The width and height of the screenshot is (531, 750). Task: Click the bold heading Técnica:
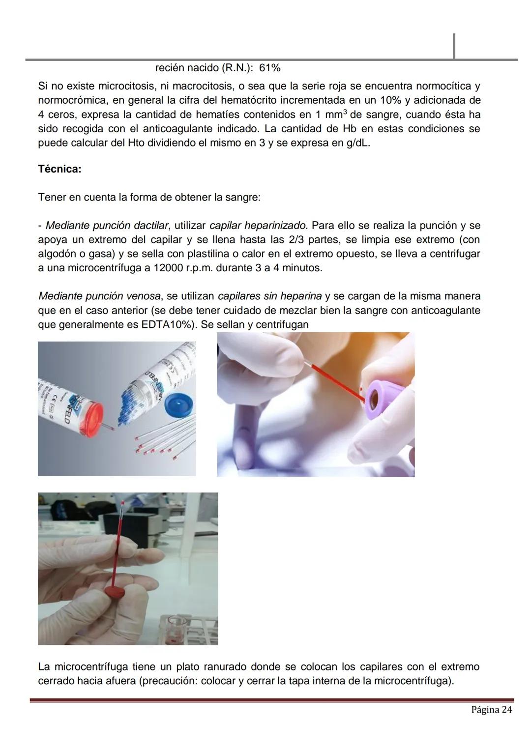pyautogui.click(x=59, y=170)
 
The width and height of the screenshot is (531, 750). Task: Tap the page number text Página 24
pyautogui.click(x=491, y=710)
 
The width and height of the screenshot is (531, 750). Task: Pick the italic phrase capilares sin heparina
pyautogui.click(x=269, y=296)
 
